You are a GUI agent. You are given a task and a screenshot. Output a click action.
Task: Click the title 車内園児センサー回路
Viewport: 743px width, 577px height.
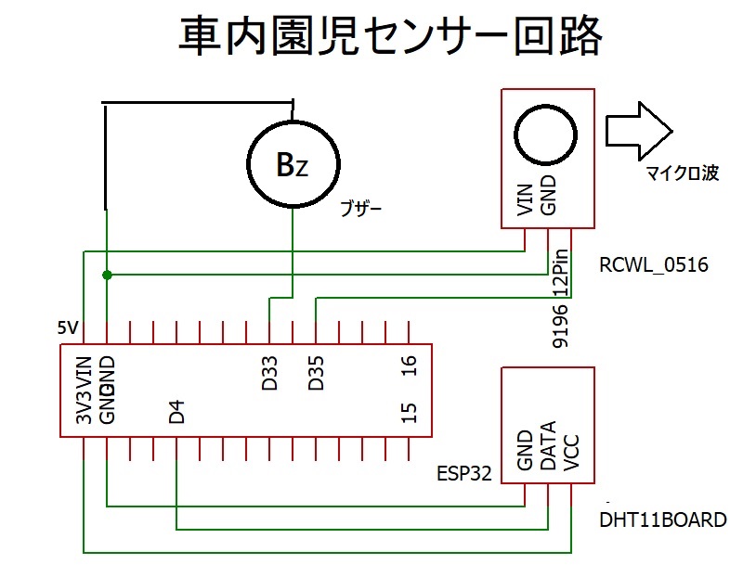389,38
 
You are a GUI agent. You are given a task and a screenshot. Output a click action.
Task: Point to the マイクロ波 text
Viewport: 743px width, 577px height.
682,173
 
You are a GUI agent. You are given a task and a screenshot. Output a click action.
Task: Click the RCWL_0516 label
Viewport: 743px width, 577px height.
654,266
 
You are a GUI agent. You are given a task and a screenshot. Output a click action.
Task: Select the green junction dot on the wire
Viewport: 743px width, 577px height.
108,276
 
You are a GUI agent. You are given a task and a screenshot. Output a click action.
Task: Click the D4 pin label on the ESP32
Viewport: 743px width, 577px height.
176,412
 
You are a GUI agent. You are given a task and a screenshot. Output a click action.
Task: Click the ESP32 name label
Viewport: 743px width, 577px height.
466,474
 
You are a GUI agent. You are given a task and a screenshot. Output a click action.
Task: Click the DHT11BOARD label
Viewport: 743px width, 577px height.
663,519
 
